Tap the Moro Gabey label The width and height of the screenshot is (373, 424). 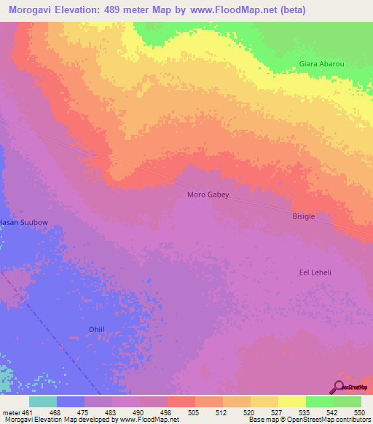208,195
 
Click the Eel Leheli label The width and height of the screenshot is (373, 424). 315,272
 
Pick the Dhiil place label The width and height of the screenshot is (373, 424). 97,329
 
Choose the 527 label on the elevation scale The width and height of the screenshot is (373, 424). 278,412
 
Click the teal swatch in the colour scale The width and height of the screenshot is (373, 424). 43,401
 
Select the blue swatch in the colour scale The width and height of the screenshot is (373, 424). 71,401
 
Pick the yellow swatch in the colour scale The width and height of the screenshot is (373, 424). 292,401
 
